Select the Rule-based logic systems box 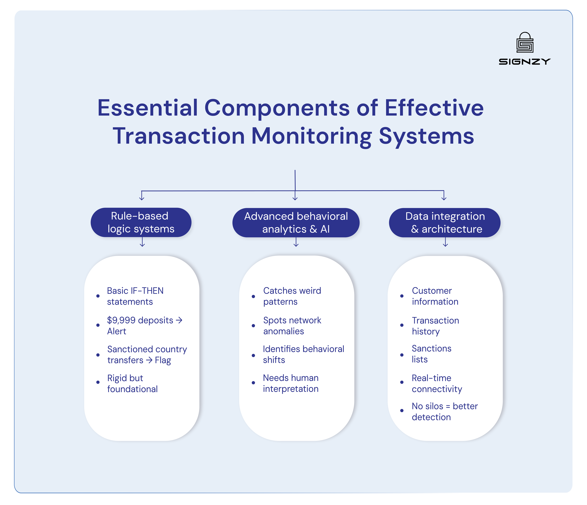pyautogui.click(x=141, y=222)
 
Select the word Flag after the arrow pyautogui.click(x=163, y=360)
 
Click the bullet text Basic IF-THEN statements pyautogui.click(x=135, y=296)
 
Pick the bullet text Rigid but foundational pyautogui.click(x=132, y=383)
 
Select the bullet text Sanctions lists pyautogui.click(x=431, y=354)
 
